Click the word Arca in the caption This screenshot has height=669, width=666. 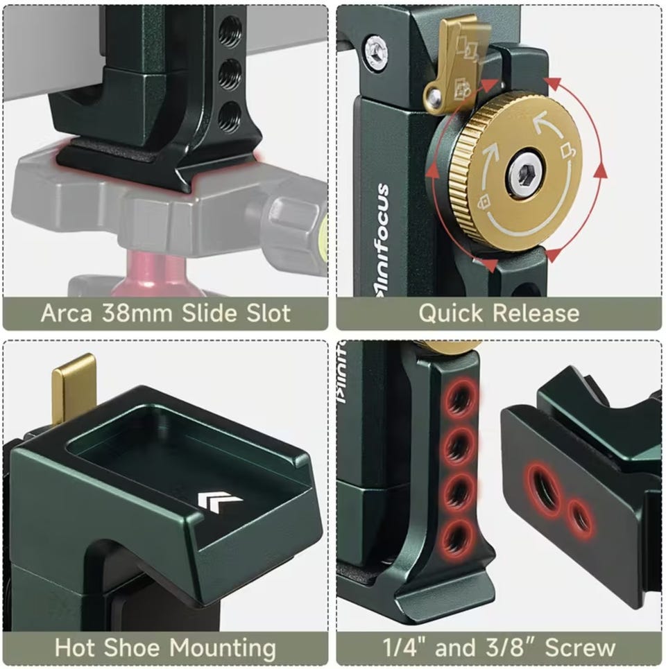(66, 313)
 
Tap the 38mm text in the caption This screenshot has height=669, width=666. (137, 313)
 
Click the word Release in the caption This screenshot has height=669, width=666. (537, 313)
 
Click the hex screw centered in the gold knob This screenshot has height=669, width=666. (524, 174)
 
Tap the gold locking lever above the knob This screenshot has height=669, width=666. (454, 64)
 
